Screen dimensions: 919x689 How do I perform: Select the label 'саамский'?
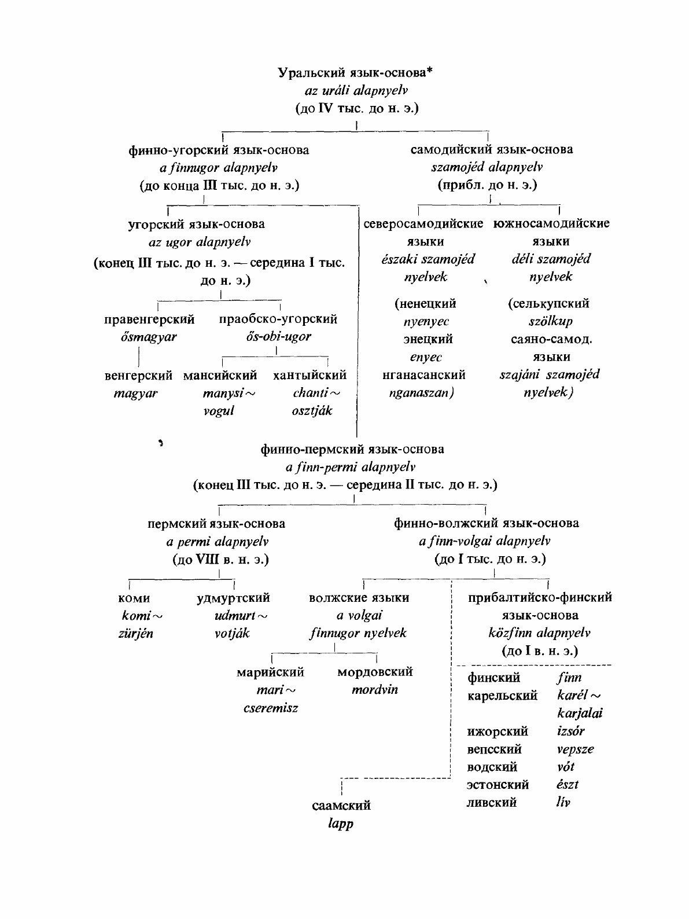341,805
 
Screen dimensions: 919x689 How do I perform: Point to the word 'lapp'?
341,824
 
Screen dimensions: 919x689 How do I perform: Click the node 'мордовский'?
375,672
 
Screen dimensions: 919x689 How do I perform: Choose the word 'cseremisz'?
271,708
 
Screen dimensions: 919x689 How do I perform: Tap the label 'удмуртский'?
233,598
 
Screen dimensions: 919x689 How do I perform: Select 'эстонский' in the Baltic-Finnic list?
498,785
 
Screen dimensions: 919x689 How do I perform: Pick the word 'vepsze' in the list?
575,749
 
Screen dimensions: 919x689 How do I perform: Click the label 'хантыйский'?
310,375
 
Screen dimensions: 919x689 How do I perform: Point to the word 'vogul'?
219,411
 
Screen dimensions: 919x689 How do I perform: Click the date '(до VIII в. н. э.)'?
221,560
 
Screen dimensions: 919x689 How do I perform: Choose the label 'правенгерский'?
149,319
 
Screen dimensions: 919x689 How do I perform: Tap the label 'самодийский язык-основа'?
492,149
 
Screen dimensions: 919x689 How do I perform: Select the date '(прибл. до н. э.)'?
487,185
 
